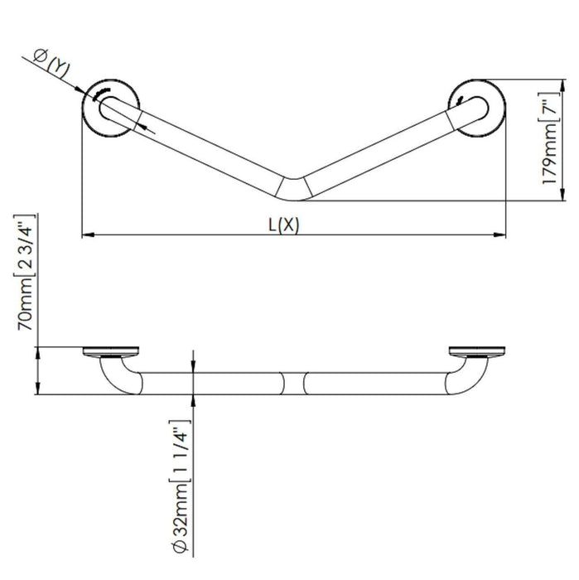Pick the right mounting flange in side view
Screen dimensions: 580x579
(475, 351)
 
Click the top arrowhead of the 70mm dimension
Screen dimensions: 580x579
(38, 351)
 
